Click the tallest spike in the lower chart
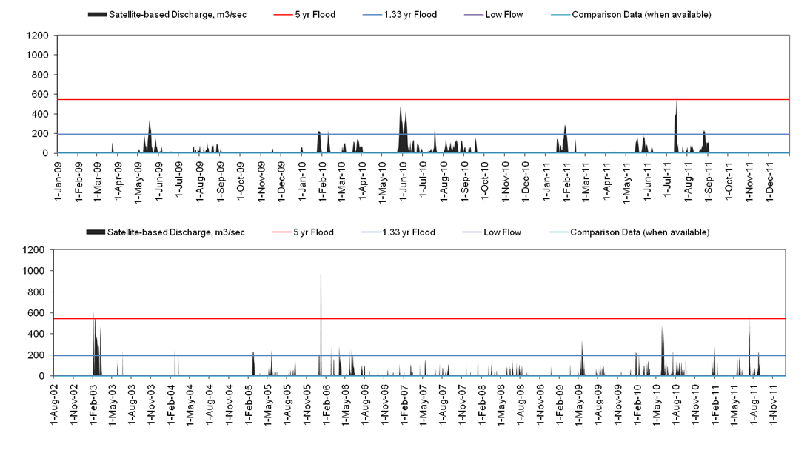click(x=321, y=275)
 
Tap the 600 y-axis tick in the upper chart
click(x=41, y=95)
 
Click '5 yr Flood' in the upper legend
click(x=315, y=15)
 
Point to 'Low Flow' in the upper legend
click(x=504, y=15)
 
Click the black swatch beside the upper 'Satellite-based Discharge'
click(x=97, y=15)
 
